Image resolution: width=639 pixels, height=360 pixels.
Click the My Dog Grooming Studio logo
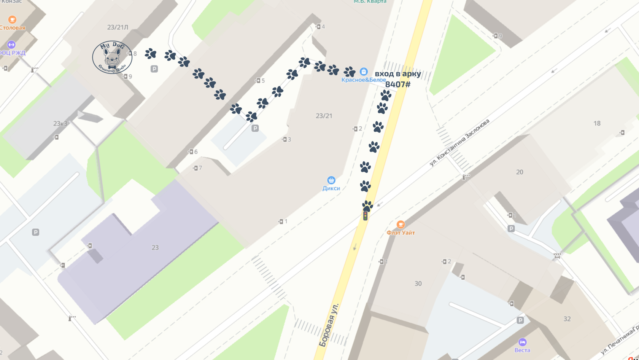[x=112, y=57]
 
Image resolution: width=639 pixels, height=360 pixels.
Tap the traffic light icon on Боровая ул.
[x=365, y=216]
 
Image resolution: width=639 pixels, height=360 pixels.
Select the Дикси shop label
[x=331, y=188]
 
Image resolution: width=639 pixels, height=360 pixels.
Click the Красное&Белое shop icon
[x=364, y=72]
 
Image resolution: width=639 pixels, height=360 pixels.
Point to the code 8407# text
[x=398, y=84]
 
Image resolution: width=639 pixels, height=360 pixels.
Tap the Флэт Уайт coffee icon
[x=401, y=225]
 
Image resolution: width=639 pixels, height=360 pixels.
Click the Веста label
[x=522, y=350]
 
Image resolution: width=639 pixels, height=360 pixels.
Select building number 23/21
[x=324, y=116]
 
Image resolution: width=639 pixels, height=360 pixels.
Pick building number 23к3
[x=60, y=123]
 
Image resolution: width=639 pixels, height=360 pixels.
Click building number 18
[x=597, y=123]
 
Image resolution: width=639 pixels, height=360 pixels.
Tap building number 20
[x=520, y=172]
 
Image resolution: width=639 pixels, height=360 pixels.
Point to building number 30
[x=418, y=284]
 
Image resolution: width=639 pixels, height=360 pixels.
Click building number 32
[x=567, y=319]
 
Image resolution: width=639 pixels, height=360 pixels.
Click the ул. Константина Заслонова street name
[x=459, y=143]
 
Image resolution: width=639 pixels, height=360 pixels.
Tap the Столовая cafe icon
[x=12, y=19]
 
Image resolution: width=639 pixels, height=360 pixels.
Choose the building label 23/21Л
[x=118, y=27]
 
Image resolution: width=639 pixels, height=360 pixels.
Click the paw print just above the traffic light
[x=367, y=206]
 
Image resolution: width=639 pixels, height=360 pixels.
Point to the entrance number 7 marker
[x=197, y=168]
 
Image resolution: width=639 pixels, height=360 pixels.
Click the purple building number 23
[x=155, y=247]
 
